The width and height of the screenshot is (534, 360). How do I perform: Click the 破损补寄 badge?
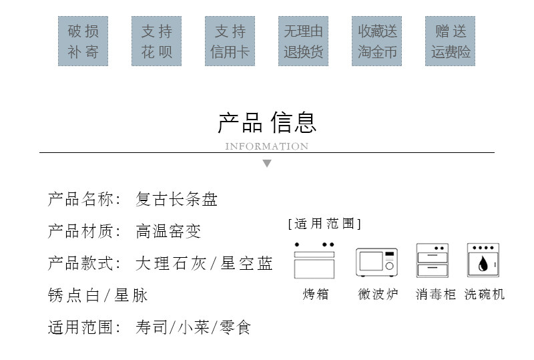click(x=83, y=41)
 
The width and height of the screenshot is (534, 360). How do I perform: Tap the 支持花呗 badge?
click(x=157, y=41)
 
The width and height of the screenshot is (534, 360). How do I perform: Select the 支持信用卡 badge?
click(x=230, y=41)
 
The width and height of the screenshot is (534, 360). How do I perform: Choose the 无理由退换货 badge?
click(x=304, y=41)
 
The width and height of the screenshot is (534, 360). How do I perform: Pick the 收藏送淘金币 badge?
click(x=377, y=41)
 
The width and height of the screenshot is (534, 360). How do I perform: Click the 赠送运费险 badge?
click(x=451, y=41)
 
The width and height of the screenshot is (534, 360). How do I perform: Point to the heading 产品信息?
click(x=267, y=122)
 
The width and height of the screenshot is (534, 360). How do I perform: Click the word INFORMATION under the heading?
click(x=267, y=146)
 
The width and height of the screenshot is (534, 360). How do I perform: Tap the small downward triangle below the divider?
click(x=267, y=164)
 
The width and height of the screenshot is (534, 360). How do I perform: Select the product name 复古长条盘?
click(x=177, y=200)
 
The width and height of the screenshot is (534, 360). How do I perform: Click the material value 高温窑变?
click(x=168, y=232)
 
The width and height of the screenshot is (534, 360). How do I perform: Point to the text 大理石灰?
click(x=170, y=264)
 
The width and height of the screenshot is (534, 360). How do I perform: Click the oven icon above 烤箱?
click(x=314, y=260)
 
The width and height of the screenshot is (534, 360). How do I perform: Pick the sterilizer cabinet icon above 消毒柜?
click(x=432, y=260)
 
